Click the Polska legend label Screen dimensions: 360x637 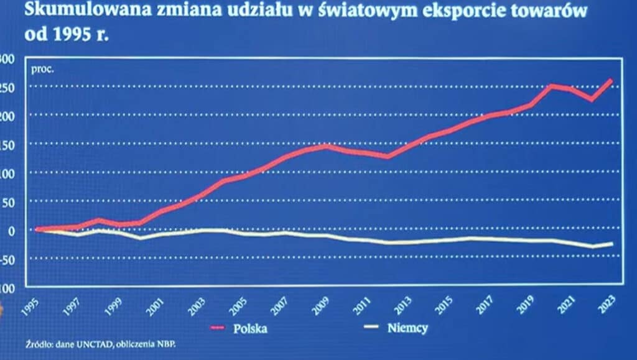point(250,328)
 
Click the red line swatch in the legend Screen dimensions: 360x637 point(218,328)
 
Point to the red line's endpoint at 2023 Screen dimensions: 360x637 point(611,80)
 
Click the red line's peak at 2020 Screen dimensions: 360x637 point(551,86)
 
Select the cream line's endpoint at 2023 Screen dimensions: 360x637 point(611,243)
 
